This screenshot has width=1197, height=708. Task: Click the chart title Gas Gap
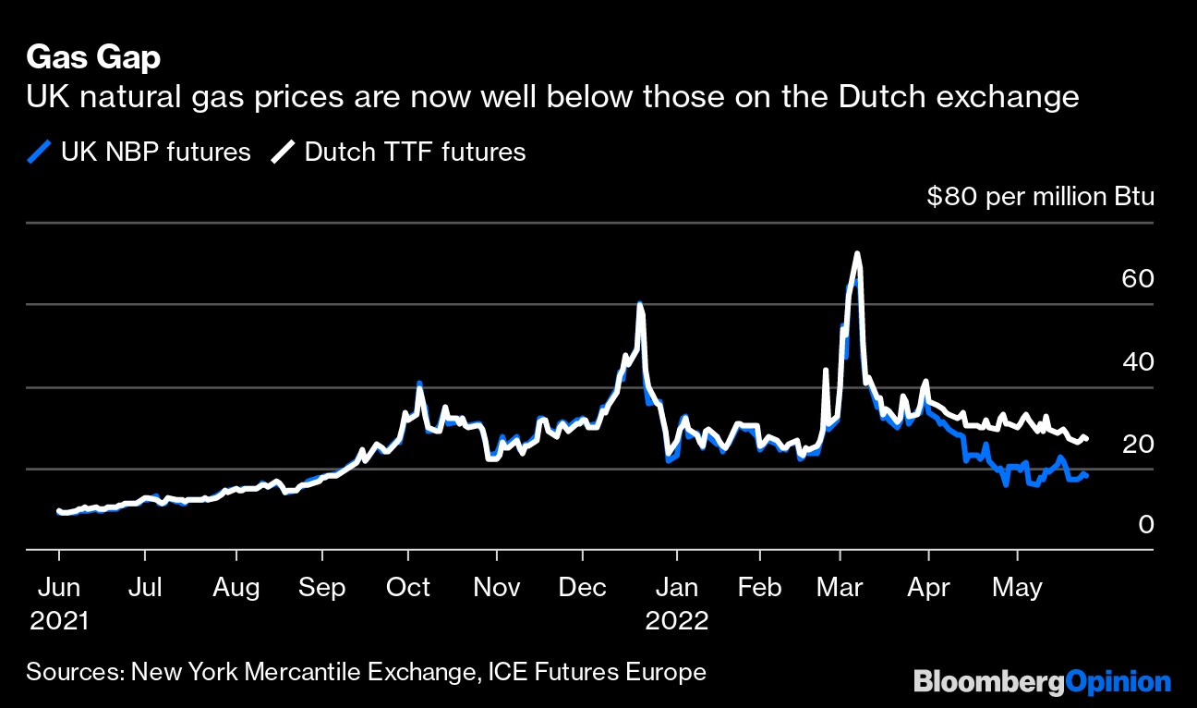point(93,58)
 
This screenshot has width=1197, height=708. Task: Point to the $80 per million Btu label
point(1040,197)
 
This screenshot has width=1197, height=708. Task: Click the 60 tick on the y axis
point(1137,278)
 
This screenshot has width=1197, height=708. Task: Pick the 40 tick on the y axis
point(1137,360)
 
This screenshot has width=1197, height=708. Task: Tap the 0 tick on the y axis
point(1146,525)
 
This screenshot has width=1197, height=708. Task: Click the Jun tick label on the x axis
point(59,587)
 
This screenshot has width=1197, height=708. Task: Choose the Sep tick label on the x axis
point(323,587)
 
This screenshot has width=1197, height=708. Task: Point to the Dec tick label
point(583,587)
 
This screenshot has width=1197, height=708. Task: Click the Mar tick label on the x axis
point(840,587)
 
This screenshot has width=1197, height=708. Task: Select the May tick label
point(1018,587)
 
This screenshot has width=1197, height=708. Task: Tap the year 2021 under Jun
point(59,619)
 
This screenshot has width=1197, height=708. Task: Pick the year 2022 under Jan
point(677,619)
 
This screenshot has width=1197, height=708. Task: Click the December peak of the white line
point(639,304)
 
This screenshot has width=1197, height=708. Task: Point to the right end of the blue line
point(1086,475)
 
